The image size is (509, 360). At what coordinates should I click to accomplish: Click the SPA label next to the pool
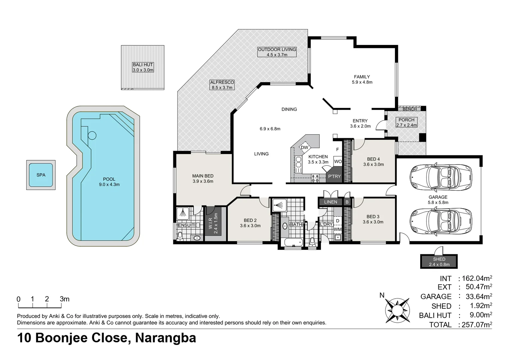click(41, 175)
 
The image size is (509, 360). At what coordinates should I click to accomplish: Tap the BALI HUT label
click(143, 65)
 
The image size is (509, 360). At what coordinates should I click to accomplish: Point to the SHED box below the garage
click(439, 262)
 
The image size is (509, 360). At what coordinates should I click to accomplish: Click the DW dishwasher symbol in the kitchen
click(304, 148)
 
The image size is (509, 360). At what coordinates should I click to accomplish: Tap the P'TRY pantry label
click(334, 176)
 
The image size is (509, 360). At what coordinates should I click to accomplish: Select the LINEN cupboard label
click(331, 202)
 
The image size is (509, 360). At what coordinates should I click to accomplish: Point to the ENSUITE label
click(188, 225)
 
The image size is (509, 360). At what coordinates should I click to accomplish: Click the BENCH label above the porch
click(409, 109)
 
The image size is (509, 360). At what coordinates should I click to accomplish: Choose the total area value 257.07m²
click(475, 325)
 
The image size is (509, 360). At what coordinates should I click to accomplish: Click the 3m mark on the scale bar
click(64, 299)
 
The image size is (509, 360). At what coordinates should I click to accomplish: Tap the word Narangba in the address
click(165, 338)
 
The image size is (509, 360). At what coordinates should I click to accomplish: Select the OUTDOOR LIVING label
click(277, 50)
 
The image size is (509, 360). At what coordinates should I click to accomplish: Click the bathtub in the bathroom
click(292, 242)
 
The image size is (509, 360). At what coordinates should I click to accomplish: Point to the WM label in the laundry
click(338, 229)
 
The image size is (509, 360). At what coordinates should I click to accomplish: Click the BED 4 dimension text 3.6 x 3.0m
click(373, 164)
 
